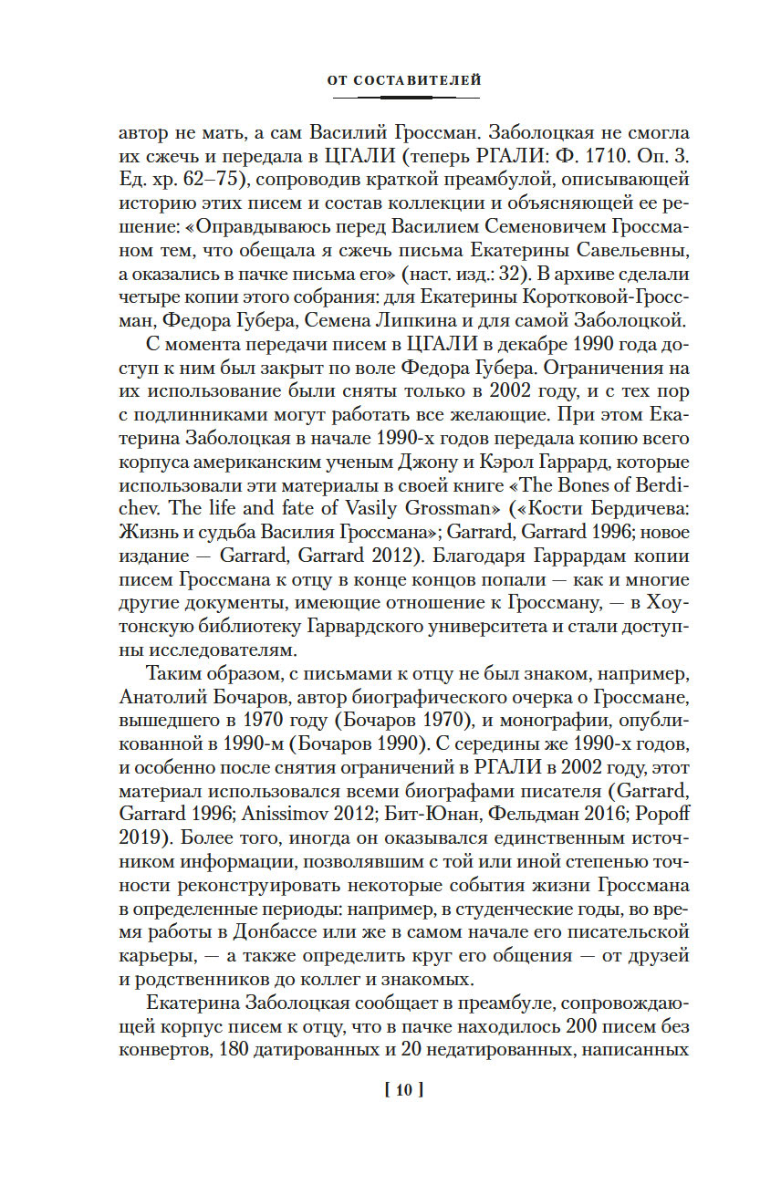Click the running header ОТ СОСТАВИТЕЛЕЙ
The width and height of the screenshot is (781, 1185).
tap(403, 81)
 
